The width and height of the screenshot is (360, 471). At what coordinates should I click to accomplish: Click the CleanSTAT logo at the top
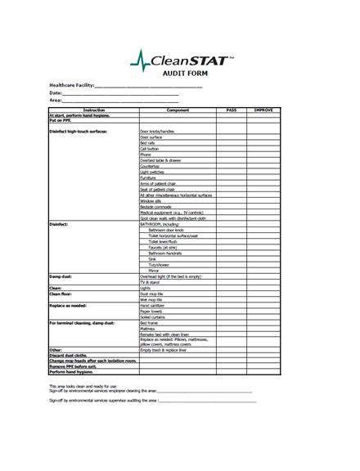tap(179, 58)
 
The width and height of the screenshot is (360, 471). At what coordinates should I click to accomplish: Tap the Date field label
tap(56, 92)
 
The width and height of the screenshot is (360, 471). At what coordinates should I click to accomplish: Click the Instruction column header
tap(93, 110)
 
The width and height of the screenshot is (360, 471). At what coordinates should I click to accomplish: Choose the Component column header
tap(178, 110)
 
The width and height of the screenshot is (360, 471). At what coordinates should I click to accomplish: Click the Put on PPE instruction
tap(62, 121)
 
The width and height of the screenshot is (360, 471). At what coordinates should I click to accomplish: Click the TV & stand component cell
tap(151, 282)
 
